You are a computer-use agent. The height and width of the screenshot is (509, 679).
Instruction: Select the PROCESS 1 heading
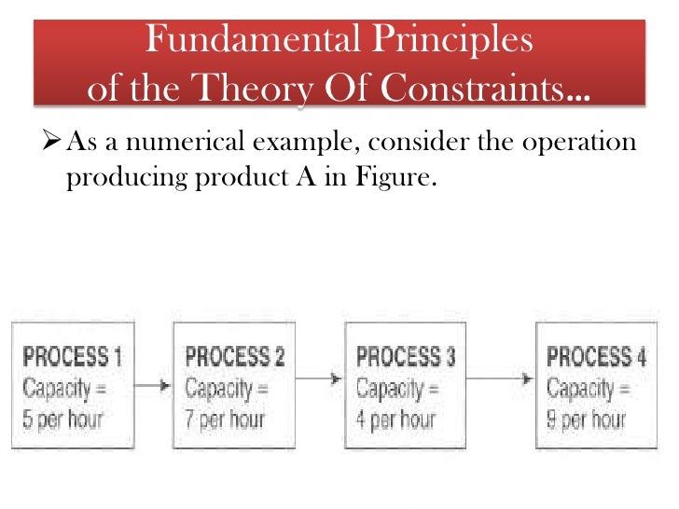coord(73,357)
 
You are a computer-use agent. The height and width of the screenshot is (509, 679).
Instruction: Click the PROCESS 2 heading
coord(235,357)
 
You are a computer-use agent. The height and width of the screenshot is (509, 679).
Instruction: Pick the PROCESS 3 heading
coord(407,357)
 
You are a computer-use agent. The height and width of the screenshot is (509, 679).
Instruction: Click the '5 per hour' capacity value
coord(64,418)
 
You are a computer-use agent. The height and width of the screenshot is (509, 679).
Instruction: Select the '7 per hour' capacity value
coord(225,418)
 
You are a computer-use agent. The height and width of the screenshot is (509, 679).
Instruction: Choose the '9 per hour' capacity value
coord(587,418)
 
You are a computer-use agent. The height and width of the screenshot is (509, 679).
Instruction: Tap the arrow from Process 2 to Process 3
coord(321,379)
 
